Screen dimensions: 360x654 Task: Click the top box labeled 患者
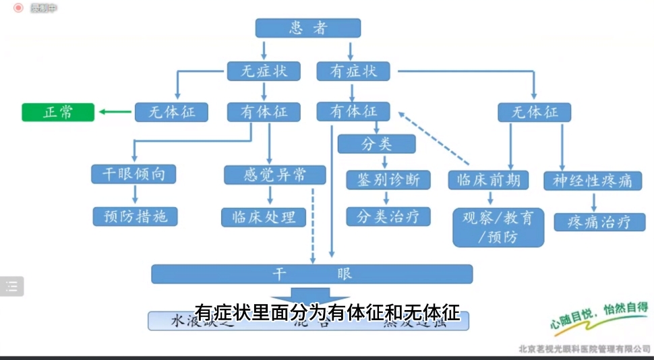308,28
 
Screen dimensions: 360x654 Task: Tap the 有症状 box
353,70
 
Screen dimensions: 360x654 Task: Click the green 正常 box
58,112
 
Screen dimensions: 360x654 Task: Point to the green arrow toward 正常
115,112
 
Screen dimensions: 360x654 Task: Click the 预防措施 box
135,216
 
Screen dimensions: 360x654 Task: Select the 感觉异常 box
274,174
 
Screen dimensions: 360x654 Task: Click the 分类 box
376,144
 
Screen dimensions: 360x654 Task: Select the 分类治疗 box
388,216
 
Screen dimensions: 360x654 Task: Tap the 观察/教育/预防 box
498,227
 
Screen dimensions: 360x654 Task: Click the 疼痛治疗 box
599,222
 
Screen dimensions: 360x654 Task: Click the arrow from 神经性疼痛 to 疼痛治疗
593,201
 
